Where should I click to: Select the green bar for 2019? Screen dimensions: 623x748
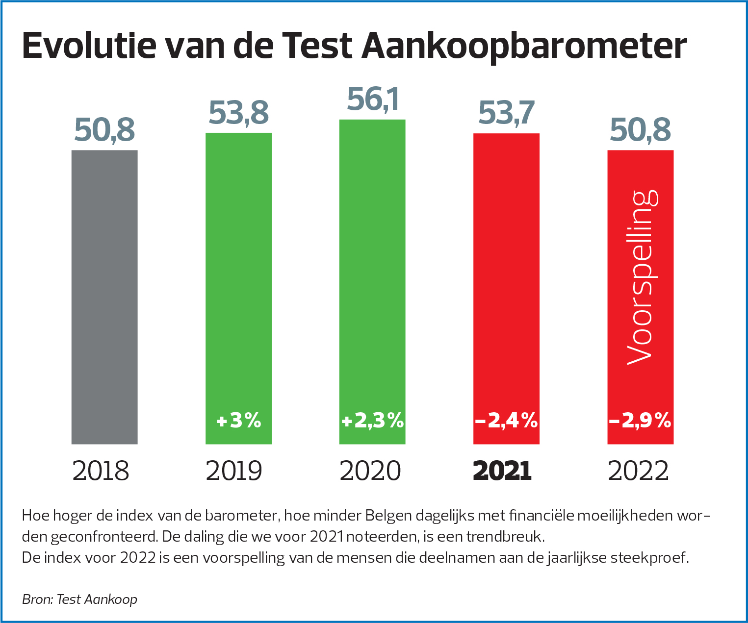238,274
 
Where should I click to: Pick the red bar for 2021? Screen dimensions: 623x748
506,274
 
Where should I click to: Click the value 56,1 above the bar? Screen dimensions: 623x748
373,99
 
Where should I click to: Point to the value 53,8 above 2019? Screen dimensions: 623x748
239,113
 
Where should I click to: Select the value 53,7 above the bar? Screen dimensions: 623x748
506,113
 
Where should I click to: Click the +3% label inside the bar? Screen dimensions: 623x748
239,421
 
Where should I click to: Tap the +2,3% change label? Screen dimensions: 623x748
373,421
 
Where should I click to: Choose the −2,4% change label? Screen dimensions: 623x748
506,421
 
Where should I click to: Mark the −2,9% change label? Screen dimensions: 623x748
640,421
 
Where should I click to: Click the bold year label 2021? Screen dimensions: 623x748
502,471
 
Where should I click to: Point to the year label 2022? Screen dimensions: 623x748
638,471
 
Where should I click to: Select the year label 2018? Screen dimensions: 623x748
101,471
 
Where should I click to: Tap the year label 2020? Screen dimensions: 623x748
370,471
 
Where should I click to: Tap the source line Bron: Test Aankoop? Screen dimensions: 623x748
79,599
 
